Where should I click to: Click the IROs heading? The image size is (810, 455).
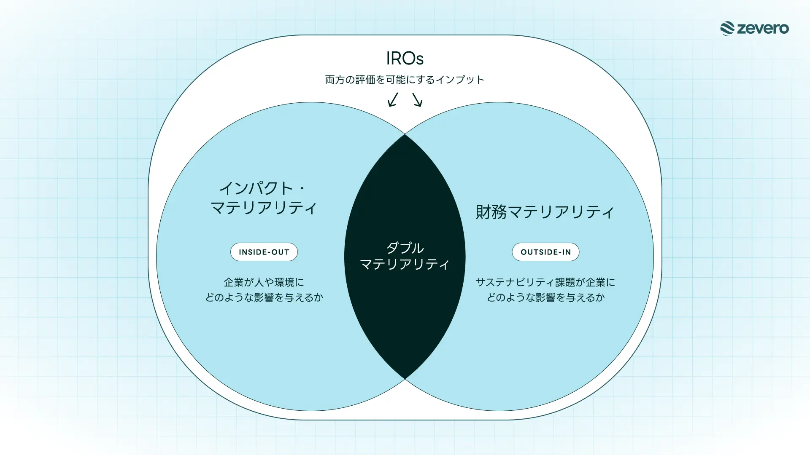[x=405, y=59]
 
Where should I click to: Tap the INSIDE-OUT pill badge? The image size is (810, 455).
[x=264, y=252]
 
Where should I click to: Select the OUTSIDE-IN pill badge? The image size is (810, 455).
[x=545, y=252]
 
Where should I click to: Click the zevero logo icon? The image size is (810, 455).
[x=727, y=29]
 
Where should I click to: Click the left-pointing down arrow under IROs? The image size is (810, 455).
[x=393, y=100]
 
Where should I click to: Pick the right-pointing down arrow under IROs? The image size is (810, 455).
[x=417, y=100]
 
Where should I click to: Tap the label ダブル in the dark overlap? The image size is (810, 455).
[x=405, y=248]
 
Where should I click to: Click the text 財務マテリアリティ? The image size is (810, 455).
[x=545, y=212]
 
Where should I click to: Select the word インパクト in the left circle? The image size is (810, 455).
[x=256, y=188]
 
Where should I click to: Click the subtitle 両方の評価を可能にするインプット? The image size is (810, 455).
[x=405, y=80]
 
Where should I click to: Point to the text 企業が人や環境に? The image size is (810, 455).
[x=264, y=282]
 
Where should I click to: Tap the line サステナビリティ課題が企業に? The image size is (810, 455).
[x=545, y=282]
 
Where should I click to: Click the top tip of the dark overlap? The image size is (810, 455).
[x=405, y=134]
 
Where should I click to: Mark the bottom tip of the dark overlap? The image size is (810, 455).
[x=405, y=379]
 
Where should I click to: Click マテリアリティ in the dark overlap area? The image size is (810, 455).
[x=405, y=264]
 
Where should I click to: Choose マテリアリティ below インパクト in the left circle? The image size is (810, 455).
[x=264, y=208]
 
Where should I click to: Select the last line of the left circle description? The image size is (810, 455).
[x=264, y=297]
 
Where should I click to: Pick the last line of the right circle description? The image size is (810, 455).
[x=545, y=297]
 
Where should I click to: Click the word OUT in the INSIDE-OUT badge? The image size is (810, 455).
[x=281, y=252]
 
